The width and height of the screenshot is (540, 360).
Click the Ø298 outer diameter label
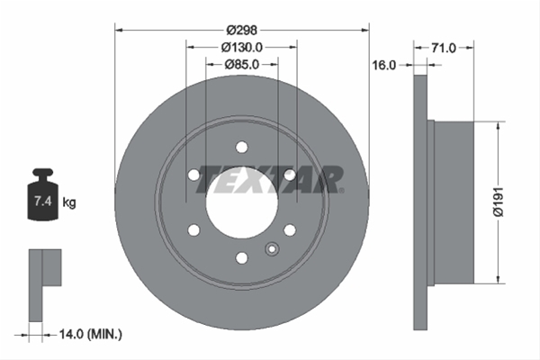[x=242, y=31]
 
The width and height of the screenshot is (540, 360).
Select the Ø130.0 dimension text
[x=242, y=47]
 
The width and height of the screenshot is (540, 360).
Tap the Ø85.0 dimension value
[x=242, y=64]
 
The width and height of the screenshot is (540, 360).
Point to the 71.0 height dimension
[x=444, y=48]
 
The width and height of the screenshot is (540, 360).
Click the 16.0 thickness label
[x=384, y=65]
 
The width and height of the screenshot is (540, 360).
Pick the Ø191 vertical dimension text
[x=499, y=202]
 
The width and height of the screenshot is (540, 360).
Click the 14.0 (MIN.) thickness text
[x=91, y=334]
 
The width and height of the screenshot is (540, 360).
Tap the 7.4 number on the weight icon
[x=43, y=201]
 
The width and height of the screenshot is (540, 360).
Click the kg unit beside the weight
[x=69, y=202]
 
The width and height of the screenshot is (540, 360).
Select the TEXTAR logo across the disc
[x=270, y=179]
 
